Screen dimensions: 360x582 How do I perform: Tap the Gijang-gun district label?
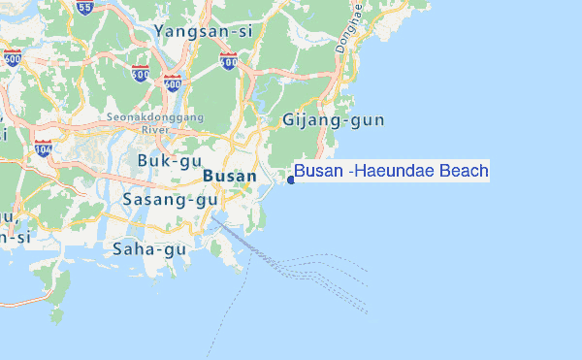click(x=333, y=121)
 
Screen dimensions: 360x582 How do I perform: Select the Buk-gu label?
click(x=169, y=160)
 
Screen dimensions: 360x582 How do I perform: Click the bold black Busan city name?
click(x=230, y=177)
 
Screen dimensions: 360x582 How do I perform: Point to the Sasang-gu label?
click(x=171, y=200)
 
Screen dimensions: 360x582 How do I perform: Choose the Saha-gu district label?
click(x=148, y=249)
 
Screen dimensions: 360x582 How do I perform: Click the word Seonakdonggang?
click(x=155, y=117)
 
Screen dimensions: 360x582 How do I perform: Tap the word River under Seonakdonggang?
click(x=155, y=129)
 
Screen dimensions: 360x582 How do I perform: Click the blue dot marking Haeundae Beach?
click(x=291, y=179)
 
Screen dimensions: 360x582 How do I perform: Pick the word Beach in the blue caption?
click(x=463, y=172)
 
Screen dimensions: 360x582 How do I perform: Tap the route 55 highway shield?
click(x=85, y=8)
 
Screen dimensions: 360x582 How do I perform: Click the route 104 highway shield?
click(x=43, y=148)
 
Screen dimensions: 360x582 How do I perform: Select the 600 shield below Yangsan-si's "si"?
click(x=229, y=62)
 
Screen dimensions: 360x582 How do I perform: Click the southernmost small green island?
click(x=56, y=314)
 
